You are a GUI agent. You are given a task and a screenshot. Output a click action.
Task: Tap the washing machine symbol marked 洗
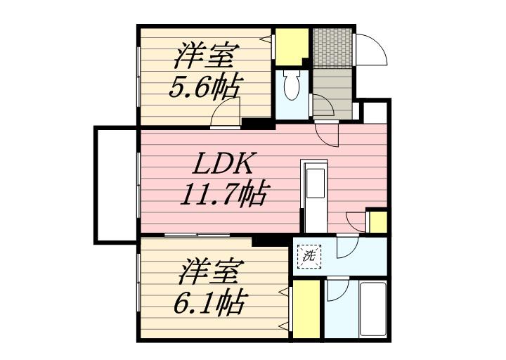[x=309, y=257]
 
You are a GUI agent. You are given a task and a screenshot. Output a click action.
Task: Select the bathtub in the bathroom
[x=372, y=309]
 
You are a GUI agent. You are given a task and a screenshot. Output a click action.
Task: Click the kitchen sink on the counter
[x=316, y=183]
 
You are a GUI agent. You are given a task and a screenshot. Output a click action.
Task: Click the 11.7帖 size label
[x=223, y=194]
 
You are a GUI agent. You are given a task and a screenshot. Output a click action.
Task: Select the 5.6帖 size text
[x=204, y=86]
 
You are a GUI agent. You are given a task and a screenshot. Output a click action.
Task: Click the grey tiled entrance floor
[x=332, y=48]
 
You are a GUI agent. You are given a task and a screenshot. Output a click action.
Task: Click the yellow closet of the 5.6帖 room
[x=292, y=47]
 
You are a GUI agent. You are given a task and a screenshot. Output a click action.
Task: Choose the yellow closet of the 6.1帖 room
[x=306, y=309]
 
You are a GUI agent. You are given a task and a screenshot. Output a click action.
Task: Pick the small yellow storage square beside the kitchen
[x=378, y=221]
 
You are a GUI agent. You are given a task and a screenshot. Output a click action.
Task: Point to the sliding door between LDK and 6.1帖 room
[x=197, y=235]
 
